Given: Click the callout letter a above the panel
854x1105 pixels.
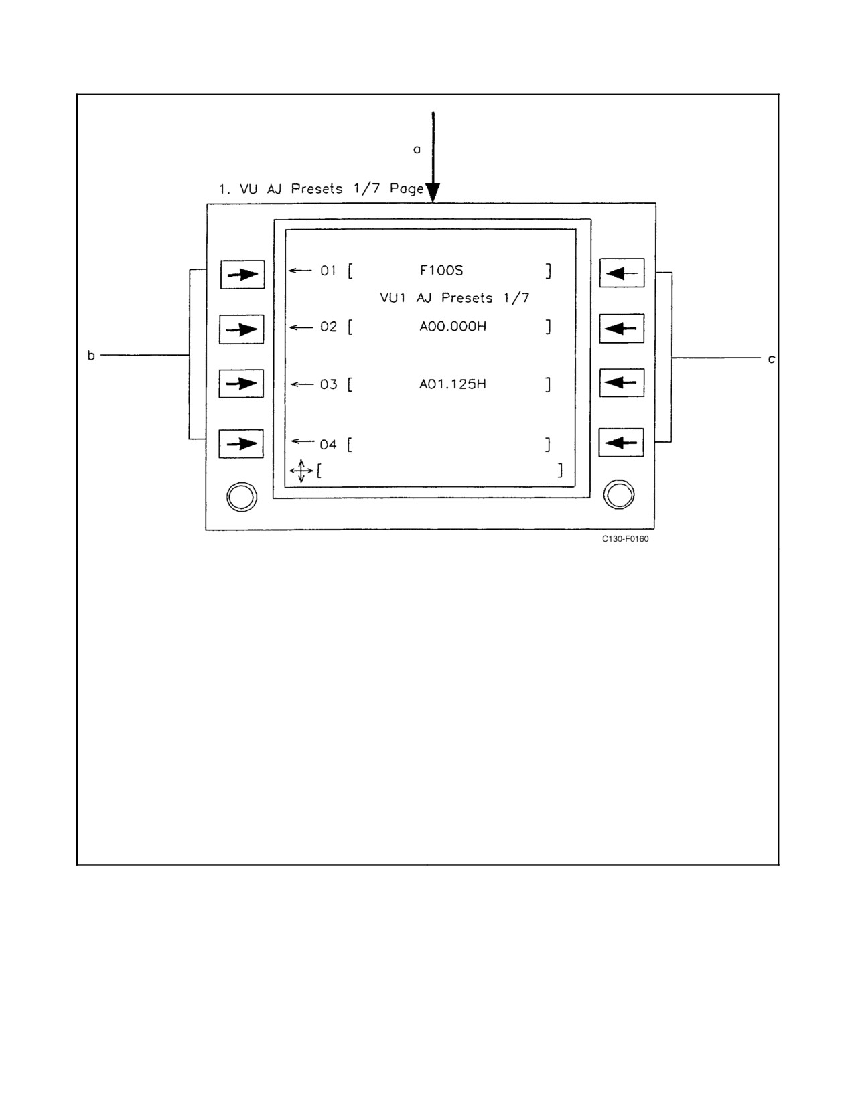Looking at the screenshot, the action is pos(417,149).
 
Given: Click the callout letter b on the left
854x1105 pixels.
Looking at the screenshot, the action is pos(91,356).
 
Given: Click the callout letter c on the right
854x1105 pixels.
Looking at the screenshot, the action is pos(771,359).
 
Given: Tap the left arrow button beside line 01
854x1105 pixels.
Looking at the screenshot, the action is pos(242,275).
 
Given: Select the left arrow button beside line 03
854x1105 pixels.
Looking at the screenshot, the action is pos(242,384).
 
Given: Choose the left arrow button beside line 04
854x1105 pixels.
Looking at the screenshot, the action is pos(242,444).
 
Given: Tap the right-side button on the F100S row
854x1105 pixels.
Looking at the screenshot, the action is pos(622,273).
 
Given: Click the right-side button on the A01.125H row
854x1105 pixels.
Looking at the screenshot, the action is pos(622,383).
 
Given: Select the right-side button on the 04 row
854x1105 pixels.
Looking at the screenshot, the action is pos(621,443).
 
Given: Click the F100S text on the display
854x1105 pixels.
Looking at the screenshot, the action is pos(441,270).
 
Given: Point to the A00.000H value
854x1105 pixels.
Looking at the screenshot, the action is pos(453,326).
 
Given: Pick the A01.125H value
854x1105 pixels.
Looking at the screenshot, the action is pos(453,384).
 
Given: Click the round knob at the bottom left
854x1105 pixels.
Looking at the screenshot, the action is pos(242,497).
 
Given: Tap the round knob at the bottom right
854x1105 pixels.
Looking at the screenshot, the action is pos(619,494).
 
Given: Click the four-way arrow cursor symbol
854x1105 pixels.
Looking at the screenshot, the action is pos(301,471).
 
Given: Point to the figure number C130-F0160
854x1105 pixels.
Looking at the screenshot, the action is pos(625,539).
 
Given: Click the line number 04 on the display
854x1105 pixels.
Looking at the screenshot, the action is pos(328,445).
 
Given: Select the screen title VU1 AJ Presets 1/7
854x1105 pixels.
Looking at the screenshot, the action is pos(455,297).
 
